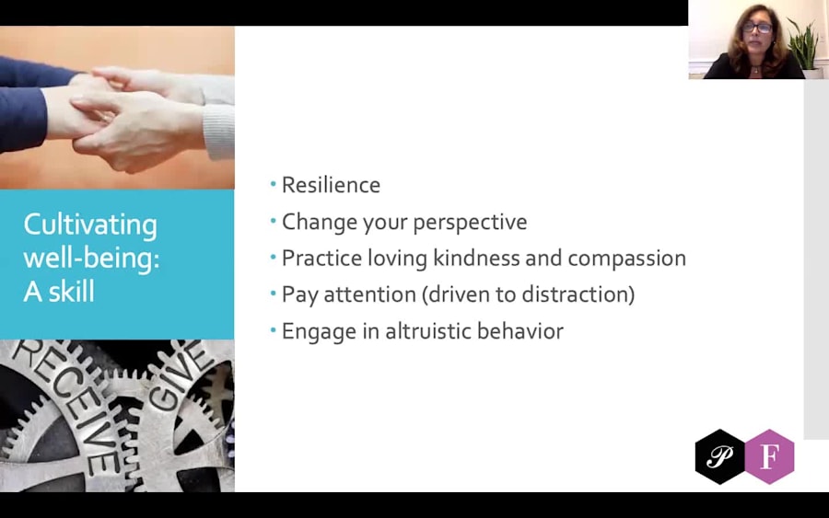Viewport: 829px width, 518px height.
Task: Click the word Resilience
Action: pos(331,185)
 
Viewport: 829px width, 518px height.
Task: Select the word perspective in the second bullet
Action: pos(470,223)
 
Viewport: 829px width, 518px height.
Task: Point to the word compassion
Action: pos(626,259)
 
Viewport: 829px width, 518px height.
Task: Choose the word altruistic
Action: pos(428,331)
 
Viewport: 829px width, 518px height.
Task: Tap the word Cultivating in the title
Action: pos(90,225)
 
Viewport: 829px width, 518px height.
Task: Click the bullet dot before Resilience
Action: pos(274,184)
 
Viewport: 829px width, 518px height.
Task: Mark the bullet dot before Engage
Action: pos(274,330)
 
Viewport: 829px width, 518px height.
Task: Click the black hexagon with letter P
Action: pos(719,456)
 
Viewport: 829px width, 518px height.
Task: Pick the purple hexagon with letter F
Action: pos(769,456)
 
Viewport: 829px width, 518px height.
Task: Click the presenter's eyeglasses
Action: pos(758,27)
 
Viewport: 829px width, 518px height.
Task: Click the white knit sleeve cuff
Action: pos(219,132)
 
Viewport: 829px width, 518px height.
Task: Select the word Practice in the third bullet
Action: pos(321,259)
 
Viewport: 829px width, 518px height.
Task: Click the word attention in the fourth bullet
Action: pos(369,294)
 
